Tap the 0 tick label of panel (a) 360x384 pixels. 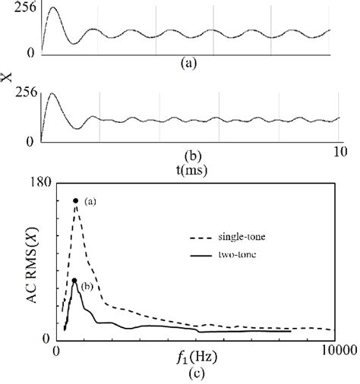pyautogui.click(x=30, y=54)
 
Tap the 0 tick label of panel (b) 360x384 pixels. pyautogui.click(x=30, y=141)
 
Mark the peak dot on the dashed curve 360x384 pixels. pyautogui.click(x=75, y=200)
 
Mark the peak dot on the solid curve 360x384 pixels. pyautogui.click(x=74, y=281)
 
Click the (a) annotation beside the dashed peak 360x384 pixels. pyautogui.click(x=90, y=201)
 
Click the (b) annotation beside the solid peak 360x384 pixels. pyautogui.click(x=87, y=286)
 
